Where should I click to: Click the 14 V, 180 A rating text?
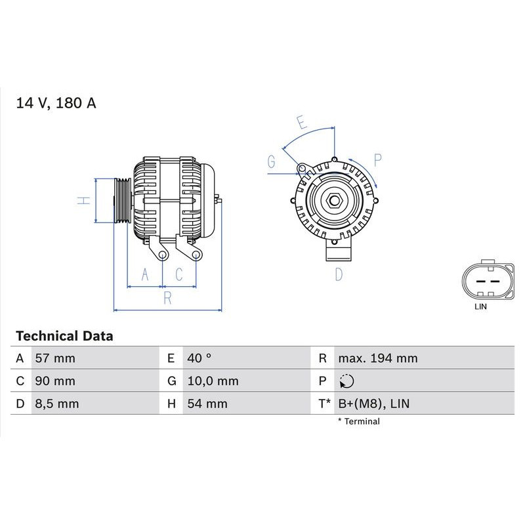point(56,104)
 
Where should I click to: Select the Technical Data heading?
point(64,336)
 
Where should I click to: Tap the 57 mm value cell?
point(54,358)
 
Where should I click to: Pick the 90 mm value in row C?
point(54,381)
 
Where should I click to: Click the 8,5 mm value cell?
point(56,404)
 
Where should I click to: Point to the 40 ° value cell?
point(199,358)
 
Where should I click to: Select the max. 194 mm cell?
point(377,358)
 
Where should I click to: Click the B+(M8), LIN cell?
point(373,404)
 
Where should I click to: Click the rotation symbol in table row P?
point(347,381)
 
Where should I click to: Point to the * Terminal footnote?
point(358,421)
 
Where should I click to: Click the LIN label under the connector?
point(481,306)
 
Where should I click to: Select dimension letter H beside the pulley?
point(83,200)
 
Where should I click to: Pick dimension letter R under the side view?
point(167,299)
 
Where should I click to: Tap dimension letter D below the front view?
point(339,274)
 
